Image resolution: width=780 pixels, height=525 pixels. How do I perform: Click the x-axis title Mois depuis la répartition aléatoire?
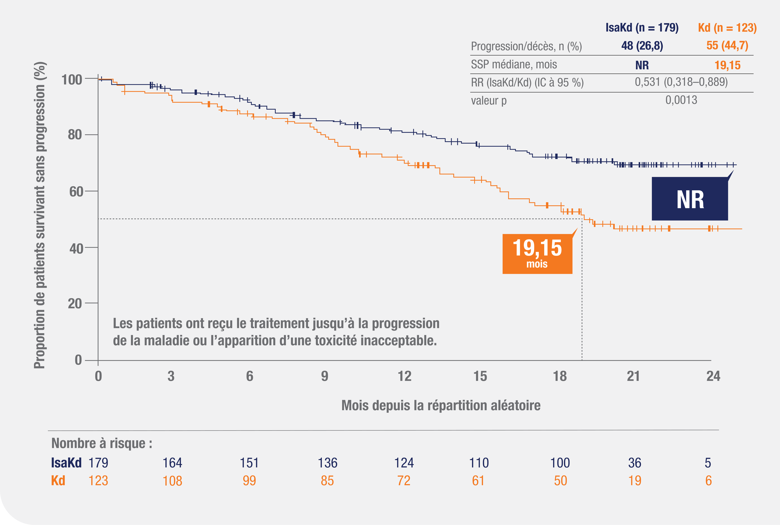pos(441,405)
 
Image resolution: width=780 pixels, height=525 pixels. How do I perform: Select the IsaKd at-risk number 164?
pos(172,463)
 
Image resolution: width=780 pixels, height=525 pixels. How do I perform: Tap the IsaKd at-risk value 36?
pos(634,463)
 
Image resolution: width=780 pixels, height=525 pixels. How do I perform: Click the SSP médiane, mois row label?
pos(514,64)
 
